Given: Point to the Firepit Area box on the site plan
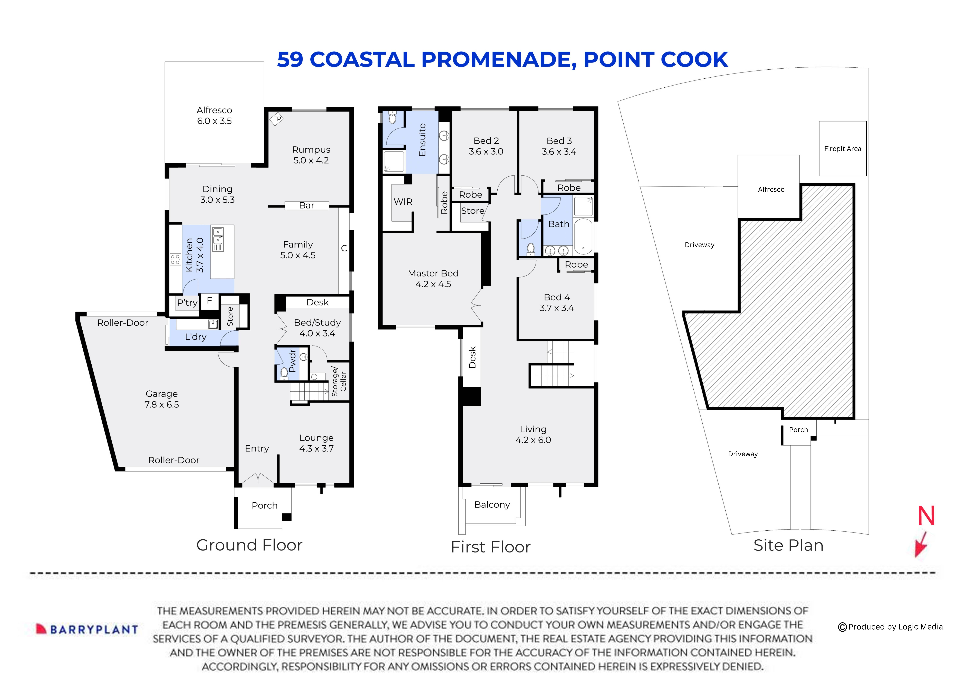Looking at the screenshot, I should (x=842, y=149).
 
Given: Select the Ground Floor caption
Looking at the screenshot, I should (x=249, y=545).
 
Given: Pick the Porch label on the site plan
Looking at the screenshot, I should (x=798, y=430).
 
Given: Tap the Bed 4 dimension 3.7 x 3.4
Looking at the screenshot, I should (x=556, y=308).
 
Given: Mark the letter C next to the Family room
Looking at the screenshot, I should (x=344, y=249).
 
